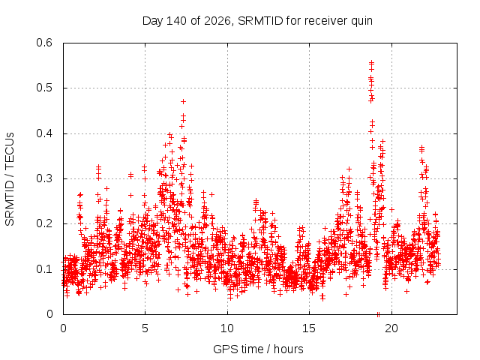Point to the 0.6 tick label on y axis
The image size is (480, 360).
coord(44,43)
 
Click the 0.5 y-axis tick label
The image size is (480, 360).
coord(44,88)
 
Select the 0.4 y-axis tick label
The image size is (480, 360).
coord(44,133)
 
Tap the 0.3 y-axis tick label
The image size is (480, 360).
coord(44,178)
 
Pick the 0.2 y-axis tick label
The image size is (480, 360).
coord(44,223)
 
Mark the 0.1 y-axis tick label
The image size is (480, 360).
coord(44,269)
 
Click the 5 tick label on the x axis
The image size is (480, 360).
coord(145,328)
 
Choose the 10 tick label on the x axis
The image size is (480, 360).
coord(227,328)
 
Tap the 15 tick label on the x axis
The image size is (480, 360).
coord(309,328)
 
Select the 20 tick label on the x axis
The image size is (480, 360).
coord(391,328)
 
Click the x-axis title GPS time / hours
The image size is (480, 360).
coord(258,349)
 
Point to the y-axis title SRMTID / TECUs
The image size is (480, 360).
coord(10,179)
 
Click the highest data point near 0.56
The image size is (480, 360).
coord(372,62)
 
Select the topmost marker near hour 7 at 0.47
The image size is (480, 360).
coord(183,101)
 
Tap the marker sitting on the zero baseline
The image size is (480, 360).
coord(378,314)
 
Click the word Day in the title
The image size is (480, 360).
coord(153,22)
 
